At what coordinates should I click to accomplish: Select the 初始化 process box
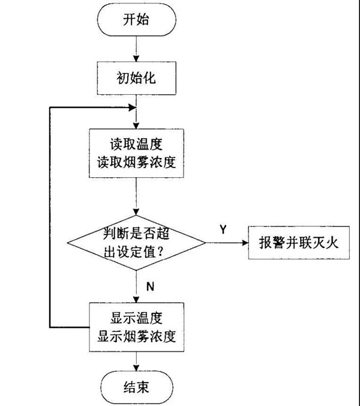137,78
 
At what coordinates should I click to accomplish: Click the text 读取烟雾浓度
137,163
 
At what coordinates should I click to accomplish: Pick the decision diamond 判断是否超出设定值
137,243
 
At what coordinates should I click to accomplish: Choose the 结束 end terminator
137,385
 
